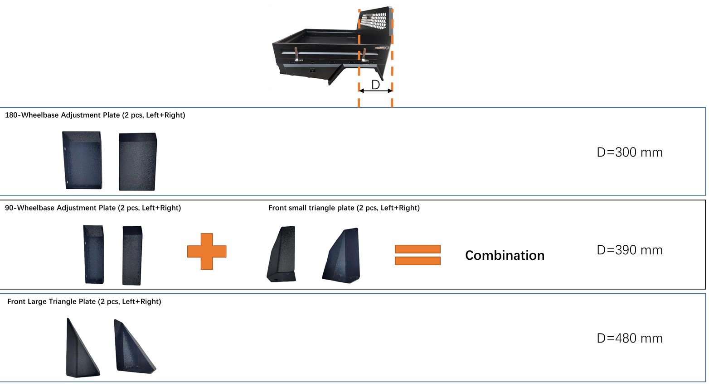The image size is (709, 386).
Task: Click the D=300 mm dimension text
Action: point(630,152)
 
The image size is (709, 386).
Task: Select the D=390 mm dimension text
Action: point(630,250)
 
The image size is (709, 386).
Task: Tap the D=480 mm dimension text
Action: point(630,338)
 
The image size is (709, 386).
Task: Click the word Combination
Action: point(505,255)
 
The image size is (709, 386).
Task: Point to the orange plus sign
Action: point(207,252)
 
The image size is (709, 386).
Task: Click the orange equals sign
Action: point(418,255)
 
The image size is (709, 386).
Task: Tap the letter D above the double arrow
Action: point(375,85)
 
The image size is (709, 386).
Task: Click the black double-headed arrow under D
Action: point(376,91)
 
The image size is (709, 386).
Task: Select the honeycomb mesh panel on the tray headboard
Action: point(374,21)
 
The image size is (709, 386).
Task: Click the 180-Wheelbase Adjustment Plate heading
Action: point(95,115)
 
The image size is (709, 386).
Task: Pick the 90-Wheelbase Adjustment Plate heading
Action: point(93,208)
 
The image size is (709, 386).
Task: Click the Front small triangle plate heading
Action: point(344,208)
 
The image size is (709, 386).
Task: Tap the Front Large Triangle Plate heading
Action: point(84,301)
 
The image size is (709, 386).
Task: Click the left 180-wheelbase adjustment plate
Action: point(83,160)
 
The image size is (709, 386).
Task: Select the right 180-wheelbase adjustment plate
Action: point(138,162)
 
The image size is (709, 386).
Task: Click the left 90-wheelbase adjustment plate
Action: point(94,254)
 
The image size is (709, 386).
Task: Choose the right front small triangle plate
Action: point(341,255)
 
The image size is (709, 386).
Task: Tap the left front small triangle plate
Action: point(282,254)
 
